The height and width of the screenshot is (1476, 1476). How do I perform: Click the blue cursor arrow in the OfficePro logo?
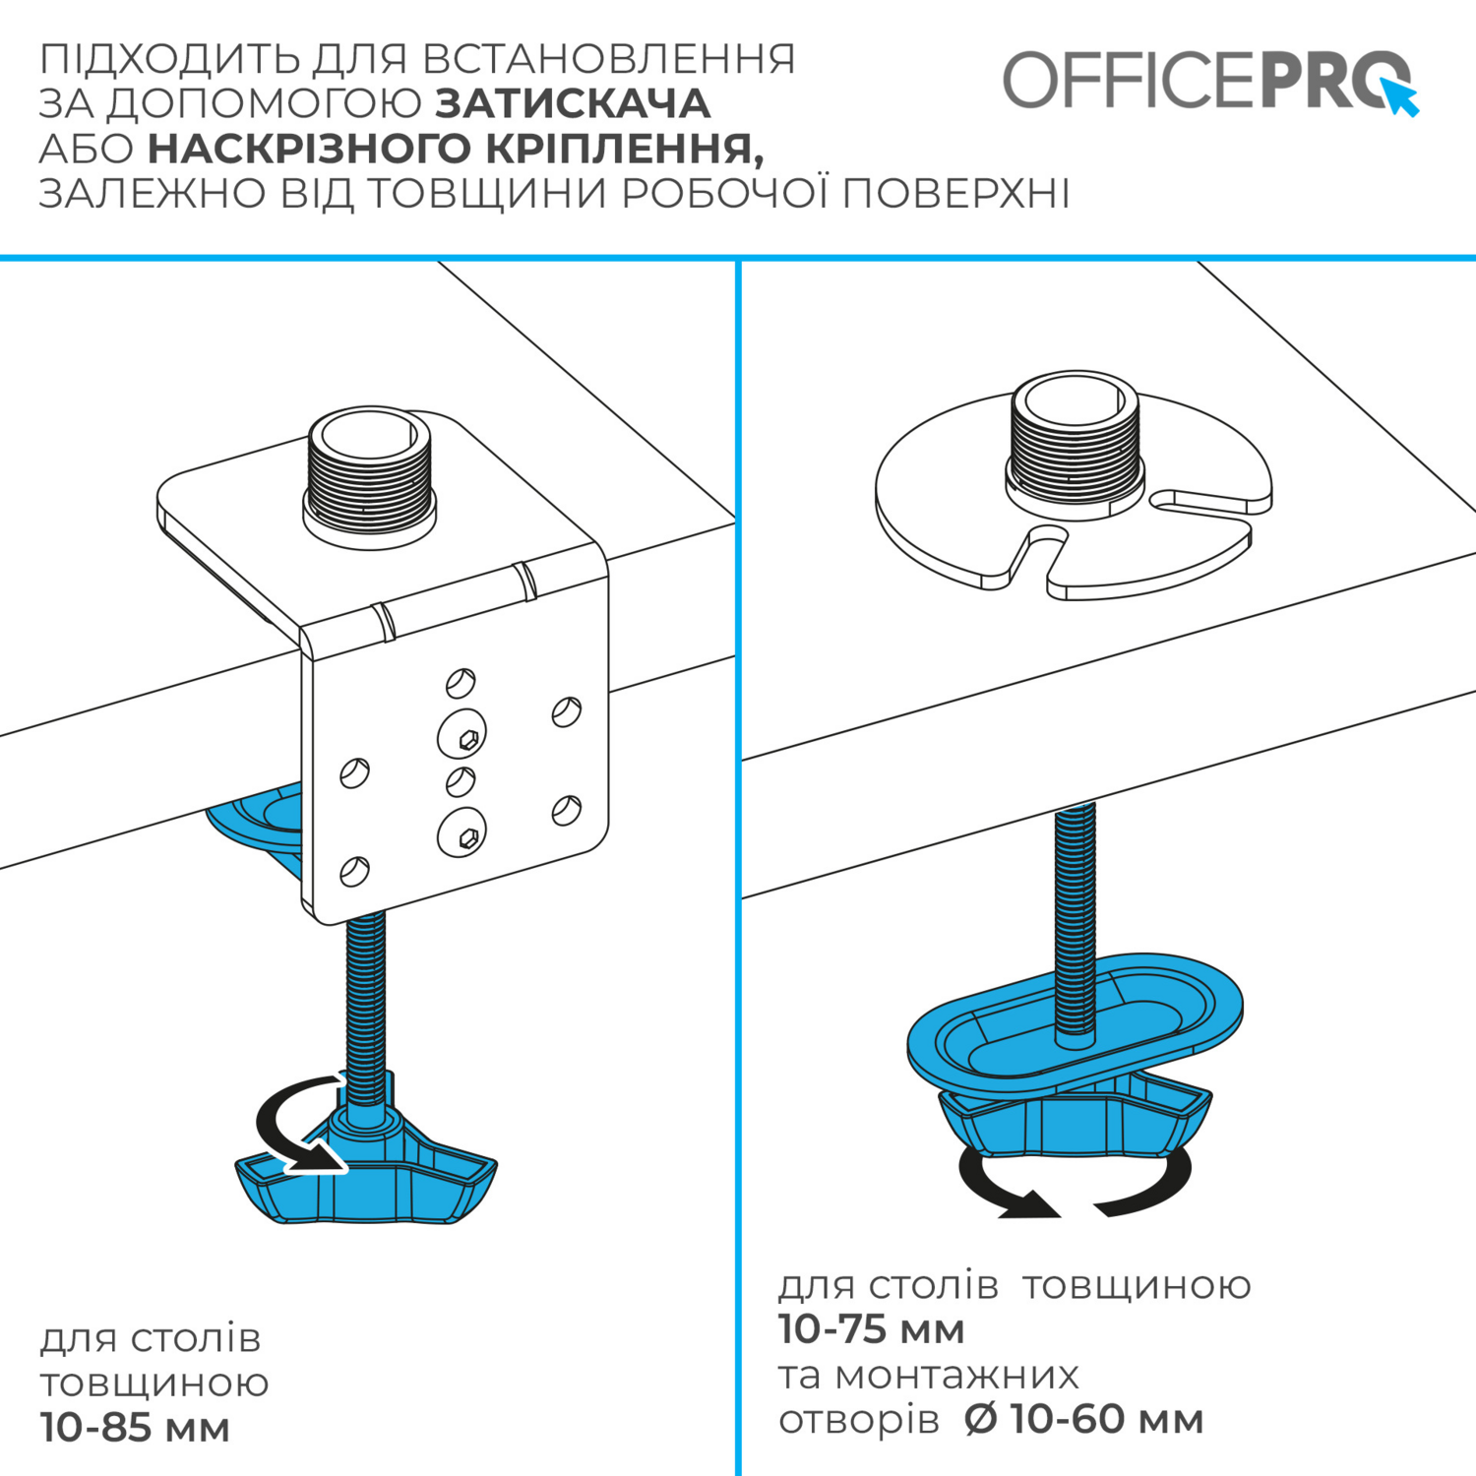click(x=1400, y=96)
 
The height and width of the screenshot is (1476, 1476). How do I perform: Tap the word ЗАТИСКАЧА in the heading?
click(x=573, y=103)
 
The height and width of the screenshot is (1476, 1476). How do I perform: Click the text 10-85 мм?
click(x=135, y=1428)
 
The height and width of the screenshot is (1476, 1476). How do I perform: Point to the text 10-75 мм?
click(x=871, y=1329)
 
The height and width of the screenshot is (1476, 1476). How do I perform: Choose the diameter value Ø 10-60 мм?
click(x=1083, y=1419)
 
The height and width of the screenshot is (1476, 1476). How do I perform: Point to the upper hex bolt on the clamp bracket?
click(x=461, y=733)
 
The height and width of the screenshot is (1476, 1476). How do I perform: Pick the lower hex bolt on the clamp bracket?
click(x=461, y=832)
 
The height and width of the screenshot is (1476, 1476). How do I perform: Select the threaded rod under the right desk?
click(x=1076, y=920)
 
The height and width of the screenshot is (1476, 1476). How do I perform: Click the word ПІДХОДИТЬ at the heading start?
click(x=169, y=59)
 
